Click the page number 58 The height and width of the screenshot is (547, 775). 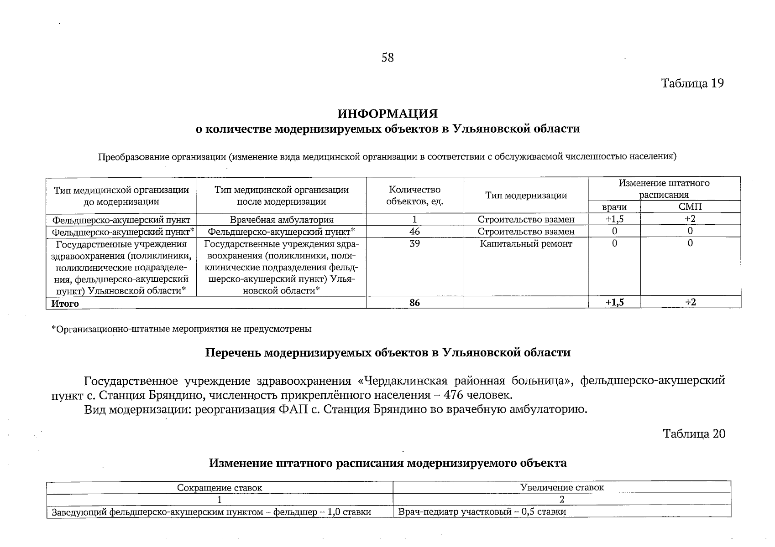(x=387, y=58)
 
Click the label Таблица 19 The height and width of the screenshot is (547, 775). (x=692, y=83)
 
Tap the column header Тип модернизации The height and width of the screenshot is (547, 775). (x=526, y=196)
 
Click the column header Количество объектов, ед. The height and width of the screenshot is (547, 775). (x=414, y=196)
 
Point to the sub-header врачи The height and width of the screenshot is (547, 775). (x=614, y=207)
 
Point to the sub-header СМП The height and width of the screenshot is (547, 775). (x=690, y=207)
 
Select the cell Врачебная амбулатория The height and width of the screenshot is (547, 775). (x=281, y=220)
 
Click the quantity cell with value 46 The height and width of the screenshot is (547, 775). (x=414, y=232)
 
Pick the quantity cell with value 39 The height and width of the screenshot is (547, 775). (x=414, y=244)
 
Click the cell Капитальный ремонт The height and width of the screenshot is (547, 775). (x=526, y=244)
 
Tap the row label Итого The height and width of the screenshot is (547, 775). (x=65, y=304)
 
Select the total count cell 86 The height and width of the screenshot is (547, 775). (x=414, y=303)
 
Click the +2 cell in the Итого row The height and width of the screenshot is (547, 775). (x=690, y=302)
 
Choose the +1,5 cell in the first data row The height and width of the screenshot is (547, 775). (x=614, y=219)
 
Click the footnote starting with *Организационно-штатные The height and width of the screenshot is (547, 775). (x=181, y=329)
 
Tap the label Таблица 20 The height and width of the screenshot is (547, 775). (x=694, y=433)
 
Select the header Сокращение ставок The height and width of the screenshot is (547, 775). (x=220, y=488)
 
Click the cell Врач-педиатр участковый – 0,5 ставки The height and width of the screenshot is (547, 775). (x=482, y=512)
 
